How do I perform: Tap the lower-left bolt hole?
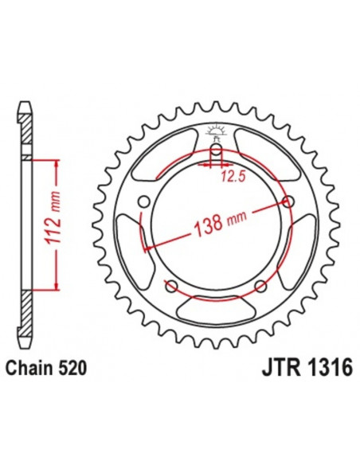pos(170,285)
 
